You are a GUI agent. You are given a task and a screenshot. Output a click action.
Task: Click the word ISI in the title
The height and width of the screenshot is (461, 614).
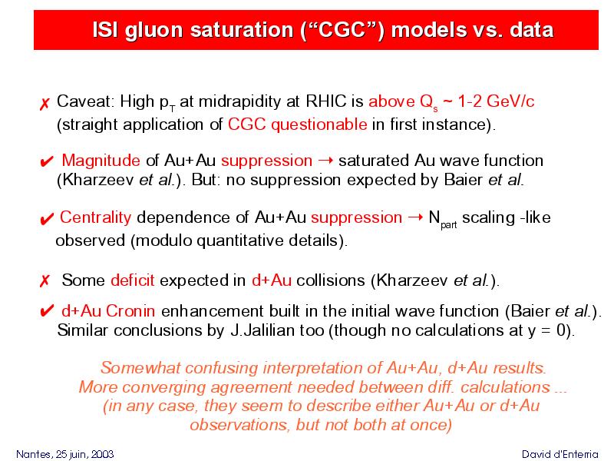coord(105,29)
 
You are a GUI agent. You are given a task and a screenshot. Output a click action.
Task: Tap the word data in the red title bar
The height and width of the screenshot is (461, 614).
coord(531,29)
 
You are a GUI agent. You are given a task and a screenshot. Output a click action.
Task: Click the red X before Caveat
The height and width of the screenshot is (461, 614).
coord(45,104)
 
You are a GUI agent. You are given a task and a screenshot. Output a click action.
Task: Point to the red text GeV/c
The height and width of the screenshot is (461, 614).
coord(510,101)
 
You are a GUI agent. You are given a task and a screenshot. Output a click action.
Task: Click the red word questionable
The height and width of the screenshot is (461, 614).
coord(319,124)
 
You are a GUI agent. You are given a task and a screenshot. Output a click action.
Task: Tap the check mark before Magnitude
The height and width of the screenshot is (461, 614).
coord(47,161)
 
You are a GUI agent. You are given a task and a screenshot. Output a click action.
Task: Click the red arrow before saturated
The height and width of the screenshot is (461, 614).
coord(325,161)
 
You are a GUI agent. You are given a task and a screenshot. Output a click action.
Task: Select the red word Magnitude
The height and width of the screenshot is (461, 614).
coord(101,161)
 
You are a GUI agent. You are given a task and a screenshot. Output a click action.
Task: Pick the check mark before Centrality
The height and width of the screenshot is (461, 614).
coord(47,219)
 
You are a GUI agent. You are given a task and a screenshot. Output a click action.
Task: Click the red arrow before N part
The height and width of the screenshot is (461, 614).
coord(415,217)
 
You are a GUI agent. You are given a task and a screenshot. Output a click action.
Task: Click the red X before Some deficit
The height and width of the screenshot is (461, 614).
coord(45,281)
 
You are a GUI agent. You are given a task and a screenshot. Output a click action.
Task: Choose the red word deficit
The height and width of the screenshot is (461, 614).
coord(132,280)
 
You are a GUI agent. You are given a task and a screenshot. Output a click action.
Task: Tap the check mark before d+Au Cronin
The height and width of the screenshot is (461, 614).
coord(47,312)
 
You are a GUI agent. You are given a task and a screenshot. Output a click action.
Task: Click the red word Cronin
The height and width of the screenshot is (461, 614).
coord(130,311)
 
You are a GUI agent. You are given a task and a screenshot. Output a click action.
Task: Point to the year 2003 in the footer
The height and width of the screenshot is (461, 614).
coord(103,454)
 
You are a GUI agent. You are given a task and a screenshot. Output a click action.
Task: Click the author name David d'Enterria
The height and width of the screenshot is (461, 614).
coord(560,454)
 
